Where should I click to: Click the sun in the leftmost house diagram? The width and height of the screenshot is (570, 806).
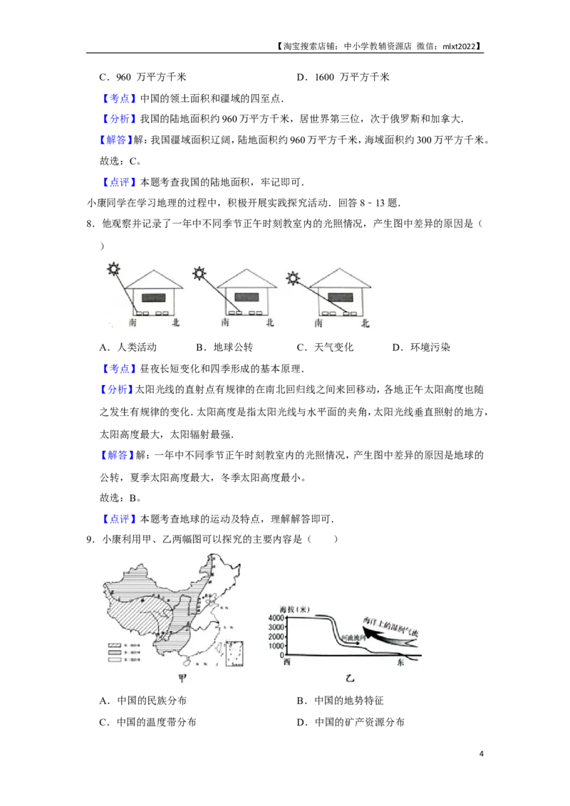click(112, 269)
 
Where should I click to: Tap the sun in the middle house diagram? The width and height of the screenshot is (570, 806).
click(199, 273)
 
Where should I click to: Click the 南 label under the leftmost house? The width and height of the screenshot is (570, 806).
click(133, 323)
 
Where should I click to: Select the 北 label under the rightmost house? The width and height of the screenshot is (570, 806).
click(366, 323)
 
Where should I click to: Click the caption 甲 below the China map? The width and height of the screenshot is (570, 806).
click(183, 678)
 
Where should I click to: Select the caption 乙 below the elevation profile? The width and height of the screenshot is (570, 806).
click(349, 678)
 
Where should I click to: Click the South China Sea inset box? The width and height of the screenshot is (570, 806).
click(237, 654)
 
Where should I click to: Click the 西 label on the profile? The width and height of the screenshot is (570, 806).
click(286, 662)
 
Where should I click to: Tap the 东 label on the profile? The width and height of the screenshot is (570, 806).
click(400, 662)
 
